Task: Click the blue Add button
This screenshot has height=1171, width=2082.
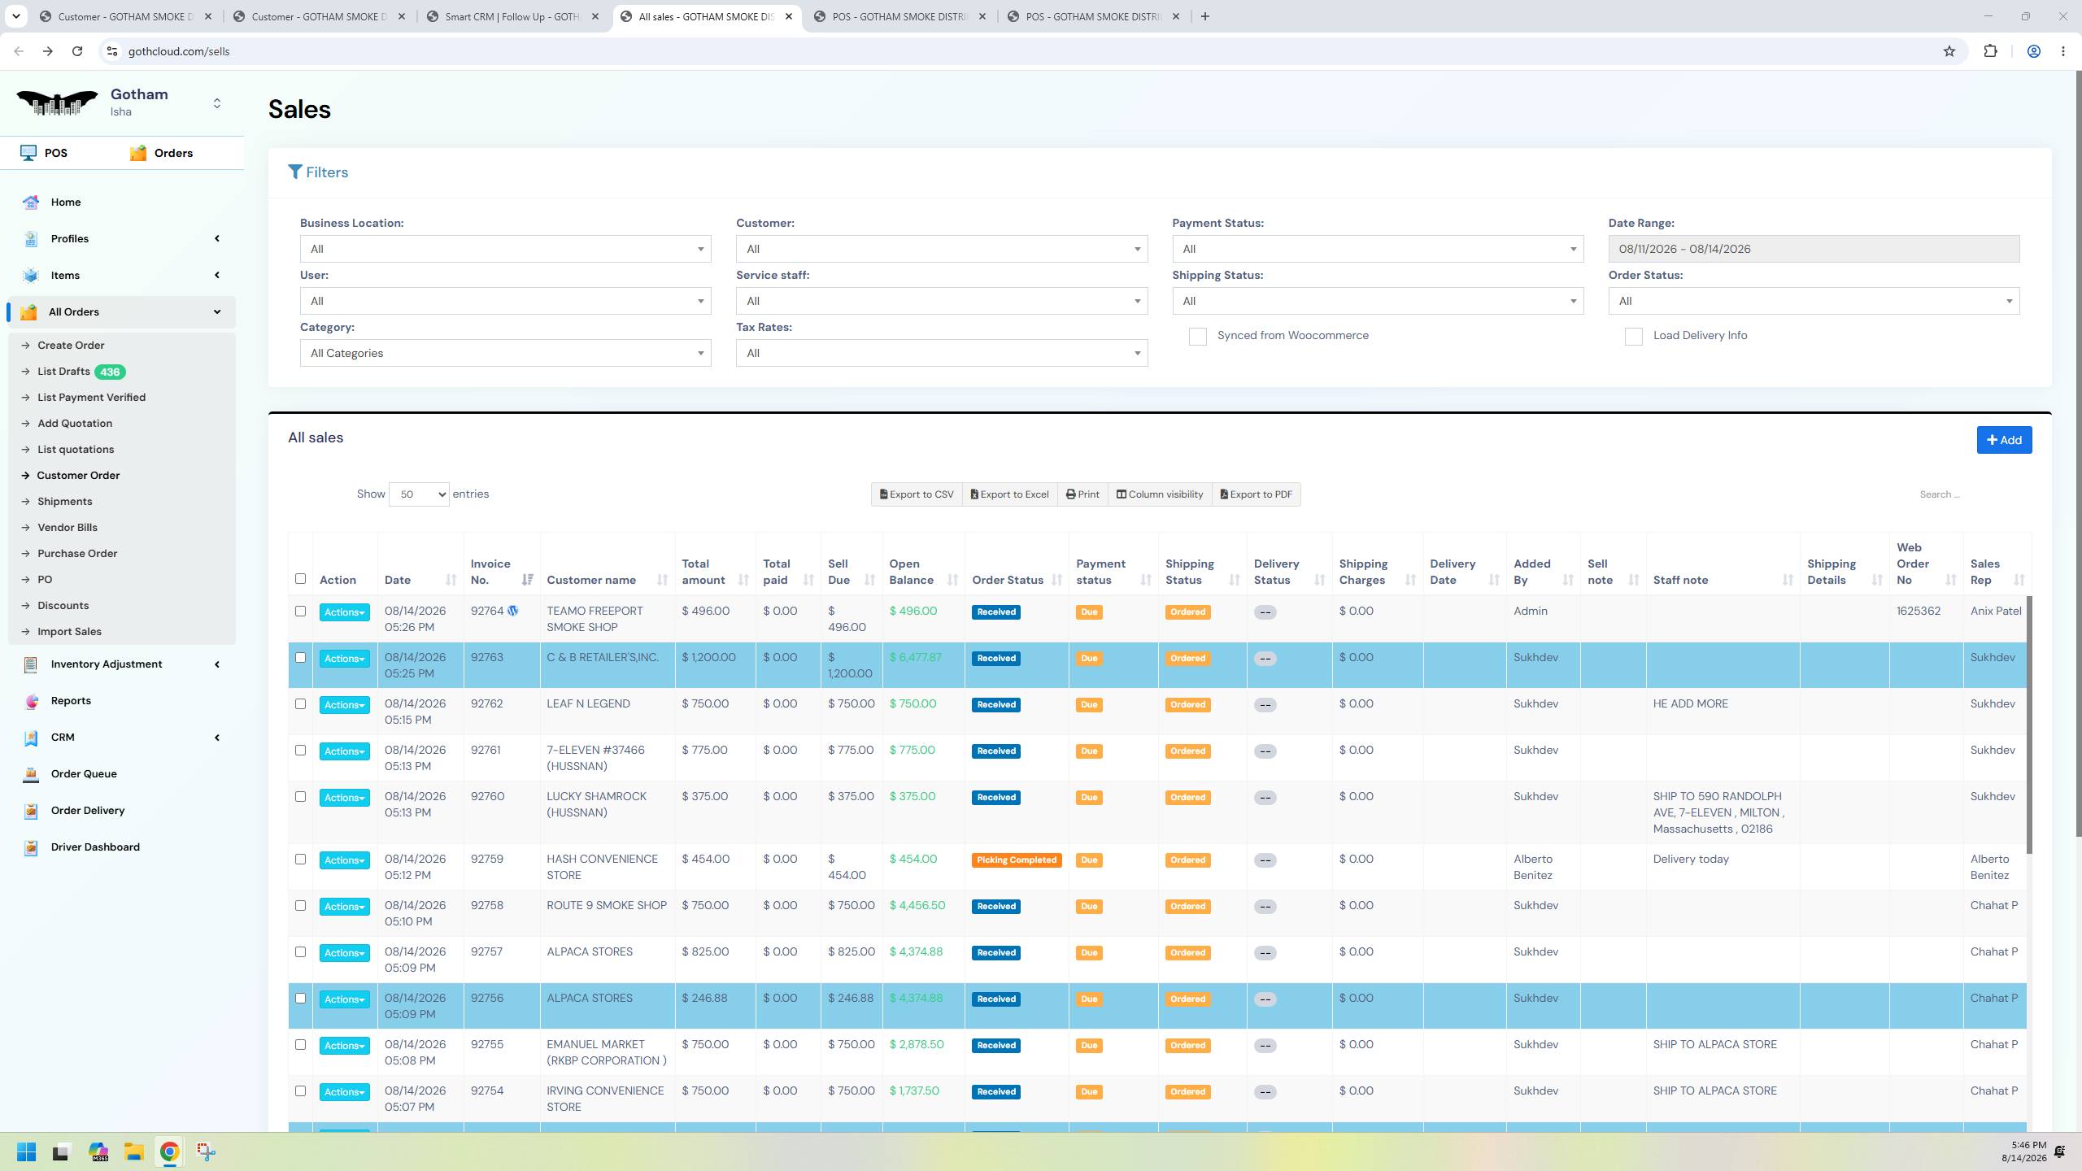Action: [x=2004, y=440]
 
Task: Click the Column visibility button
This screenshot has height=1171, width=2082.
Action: [x=1159, y=494]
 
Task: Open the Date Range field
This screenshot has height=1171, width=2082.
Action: [x=1813, y=249]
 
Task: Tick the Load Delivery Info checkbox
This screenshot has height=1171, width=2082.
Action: [x=1633, y=337]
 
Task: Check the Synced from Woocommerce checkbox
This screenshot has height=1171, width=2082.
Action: [x=1197, y=337]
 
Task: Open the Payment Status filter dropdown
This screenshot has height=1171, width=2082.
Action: [x=1377, y=249]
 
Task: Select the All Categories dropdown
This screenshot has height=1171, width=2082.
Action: [x=505, y=353]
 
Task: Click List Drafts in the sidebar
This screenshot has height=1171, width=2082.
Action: [x=63, y=372]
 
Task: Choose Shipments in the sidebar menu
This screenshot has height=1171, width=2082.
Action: [x=64, y=502]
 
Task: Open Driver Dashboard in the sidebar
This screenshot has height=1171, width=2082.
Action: [x=95, y=847]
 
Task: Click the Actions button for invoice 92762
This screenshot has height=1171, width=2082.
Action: [x=344, y=705]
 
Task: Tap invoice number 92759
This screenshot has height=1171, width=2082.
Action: [x=486, y=859]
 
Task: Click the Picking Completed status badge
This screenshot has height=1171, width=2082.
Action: [x=1017, y=860]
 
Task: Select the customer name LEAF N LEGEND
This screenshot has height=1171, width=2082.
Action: [x=588, y=704]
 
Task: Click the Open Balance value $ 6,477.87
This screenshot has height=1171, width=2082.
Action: [x=915, y=658]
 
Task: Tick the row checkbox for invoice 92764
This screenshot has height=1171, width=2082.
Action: [x=300, y=612]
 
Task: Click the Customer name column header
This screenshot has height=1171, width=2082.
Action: [x=591, y=580]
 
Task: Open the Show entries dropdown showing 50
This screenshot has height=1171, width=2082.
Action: [x=419, y=494]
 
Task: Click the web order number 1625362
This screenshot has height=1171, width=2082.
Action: [x=1919, y=612]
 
